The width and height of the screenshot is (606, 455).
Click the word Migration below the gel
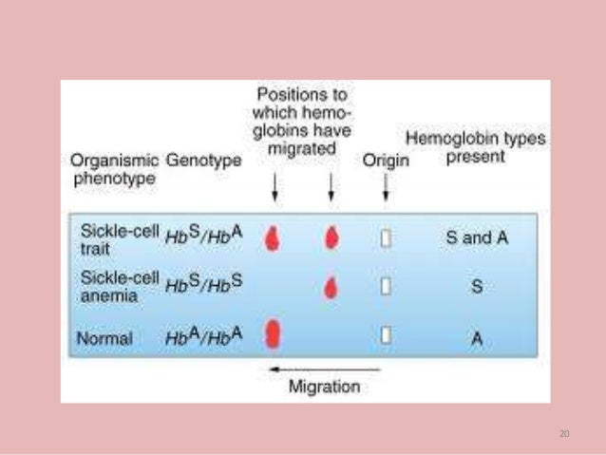[x=324, y=387]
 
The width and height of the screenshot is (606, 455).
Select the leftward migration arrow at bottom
[x=324, y=369]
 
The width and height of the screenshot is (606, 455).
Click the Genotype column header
[x=203, y=161]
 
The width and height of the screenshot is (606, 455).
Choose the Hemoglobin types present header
[x=476, y=147]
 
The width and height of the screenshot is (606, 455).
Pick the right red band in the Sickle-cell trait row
[x=331, y=237]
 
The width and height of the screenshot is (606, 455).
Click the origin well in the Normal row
[x=386, y=334]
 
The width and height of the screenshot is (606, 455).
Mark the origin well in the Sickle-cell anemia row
[x=386, y=285]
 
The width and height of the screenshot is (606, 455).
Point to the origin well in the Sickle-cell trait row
[x=386, y=238]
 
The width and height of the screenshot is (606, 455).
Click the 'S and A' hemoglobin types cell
[x=476, y=237]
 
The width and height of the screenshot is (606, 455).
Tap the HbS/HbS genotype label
[x=203, y=284]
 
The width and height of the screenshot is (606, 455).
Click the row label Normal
[x=106, y=336]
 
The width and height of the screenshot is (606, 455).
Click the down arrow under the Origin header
[x=385, y=189]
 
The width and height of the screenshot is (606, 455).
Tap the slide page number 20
[x=564, y=433]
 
